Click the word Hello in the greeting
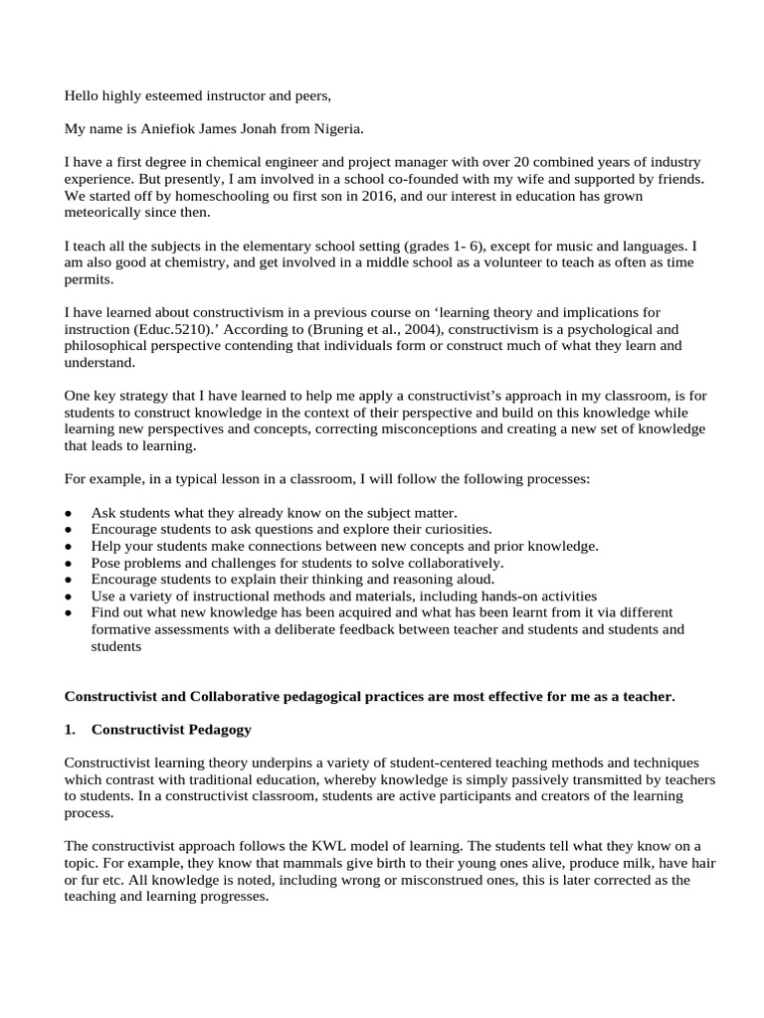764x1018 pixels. coord(83,96)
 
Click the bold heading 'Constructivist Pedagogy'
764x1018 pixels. coord(171,730)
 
